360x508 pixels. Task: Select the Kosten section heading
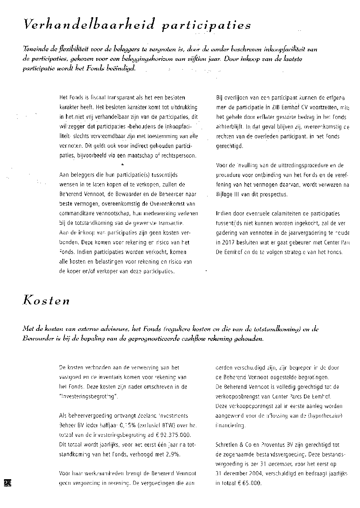tap(46, 300)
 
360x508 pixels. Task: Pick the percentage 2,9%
tap(171, 454)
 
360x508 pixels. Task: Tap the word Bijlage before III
tap(225, 194)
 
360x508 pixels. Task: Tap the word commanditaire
tap(76, 214)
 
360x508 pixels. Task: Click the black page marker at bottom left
tap(8, 482)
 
